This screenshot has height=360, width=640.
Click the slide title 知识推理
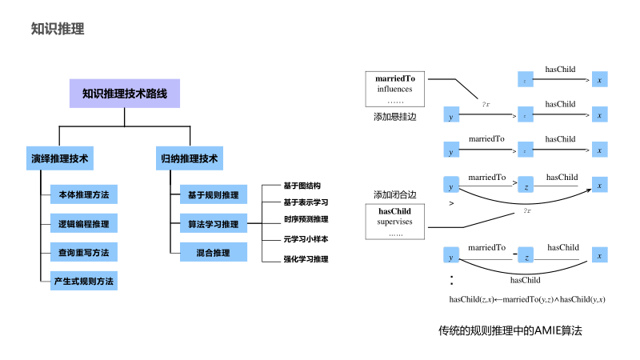57,30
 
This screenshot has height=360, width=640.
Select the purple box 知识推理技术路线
125,94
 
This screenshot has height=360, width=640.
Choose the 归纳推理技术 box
187,158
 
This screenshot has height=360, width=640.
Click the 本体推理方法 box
83,194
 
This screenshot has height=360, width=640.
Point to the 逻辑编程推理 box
83,223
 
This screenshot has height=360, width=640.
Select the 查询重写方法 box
83,252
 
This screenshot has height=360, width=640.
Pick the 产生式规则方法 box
83,281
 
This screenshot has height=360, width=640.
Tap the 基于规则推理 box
213,194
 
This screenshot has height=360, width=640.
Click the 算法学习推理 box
213,224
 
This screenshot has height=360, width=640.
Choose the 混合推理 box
213,253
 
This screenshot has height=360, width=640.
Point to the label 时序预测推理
306,219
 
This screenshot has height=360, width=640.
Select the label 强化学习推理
306,259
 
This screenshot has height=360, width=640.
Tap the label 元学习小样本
306,238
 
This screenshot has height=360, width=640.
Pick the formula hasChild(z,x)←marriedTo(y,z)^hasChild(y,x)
526,299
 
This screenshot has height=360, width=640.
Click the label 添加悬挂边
394,117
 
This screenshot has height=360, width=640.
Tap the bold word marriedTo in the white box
395,79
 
